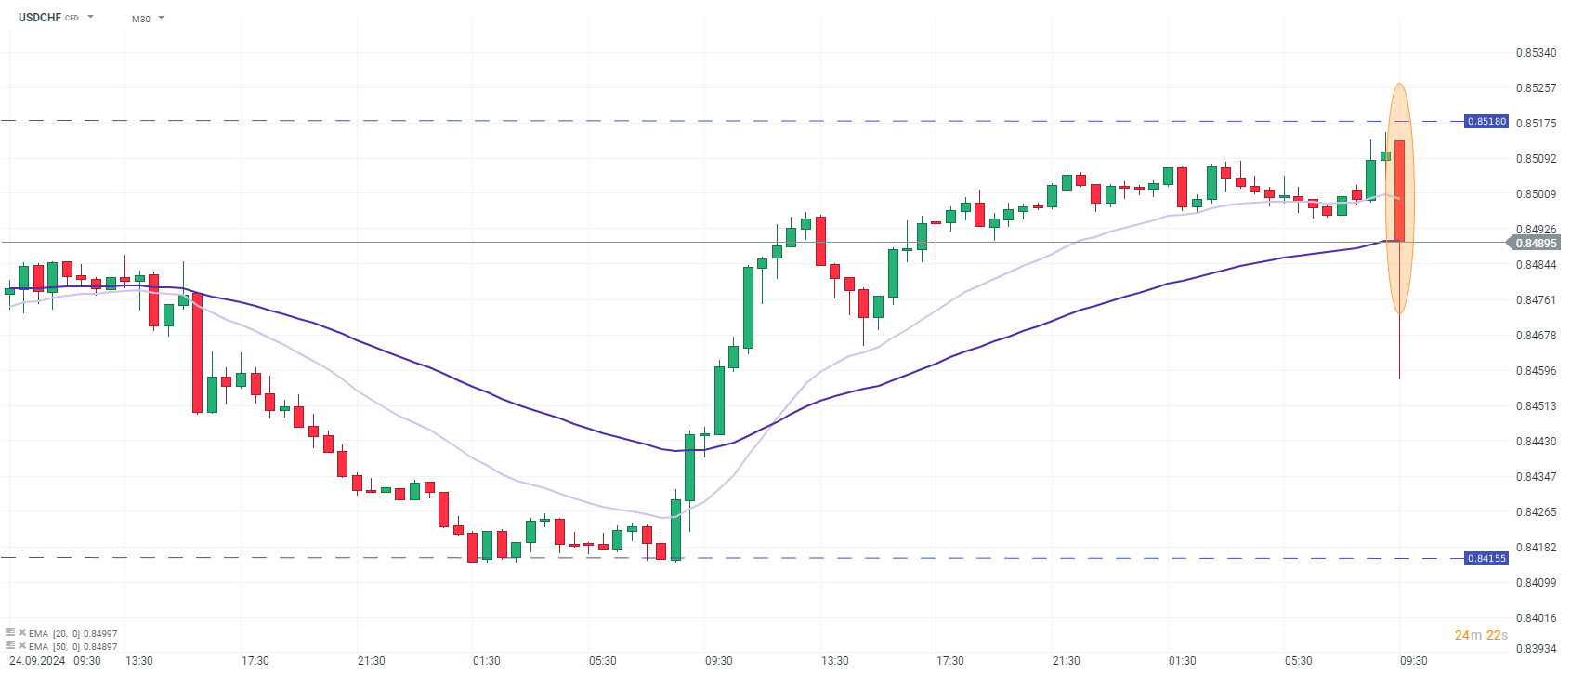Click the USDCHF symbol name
click(x=39, y=18)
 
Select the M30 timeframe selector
click(x=141, y=19)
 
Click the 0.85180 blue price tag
click(x=1486, y=122)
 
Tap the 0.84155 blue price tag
click(x=1486, y=559)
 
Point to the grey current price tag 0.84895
click(x=1535, y=244)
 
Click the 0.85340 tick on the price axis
click(x=1536, y=53)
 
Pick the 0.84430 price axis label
click(x=1536, y=442)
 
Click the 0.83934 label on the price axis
click(x=1536, y=648)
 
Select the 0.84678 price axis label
click(x=1536, y=336)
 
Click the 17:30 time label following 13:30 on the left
click(x=255, y=661)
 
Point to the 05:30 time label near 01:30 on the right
click(x=1298, y=661)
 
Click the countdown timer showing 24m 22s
click(x=1481, y=635)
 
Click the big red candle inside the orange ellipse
click(x=1399, y=191)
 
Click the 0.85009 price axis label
click(x=1536, y=194)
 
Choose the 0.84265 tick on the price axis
click(x=1536, y=512)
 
